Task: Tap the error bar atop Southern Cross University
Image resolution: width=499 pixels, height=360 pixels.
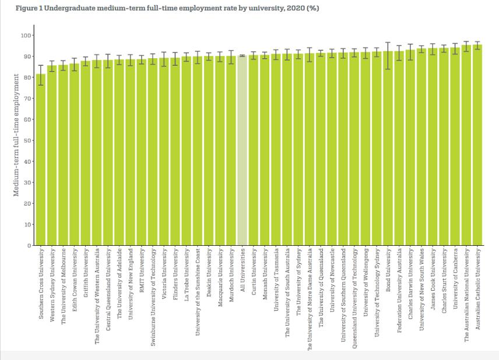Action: tap(41, 75)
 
